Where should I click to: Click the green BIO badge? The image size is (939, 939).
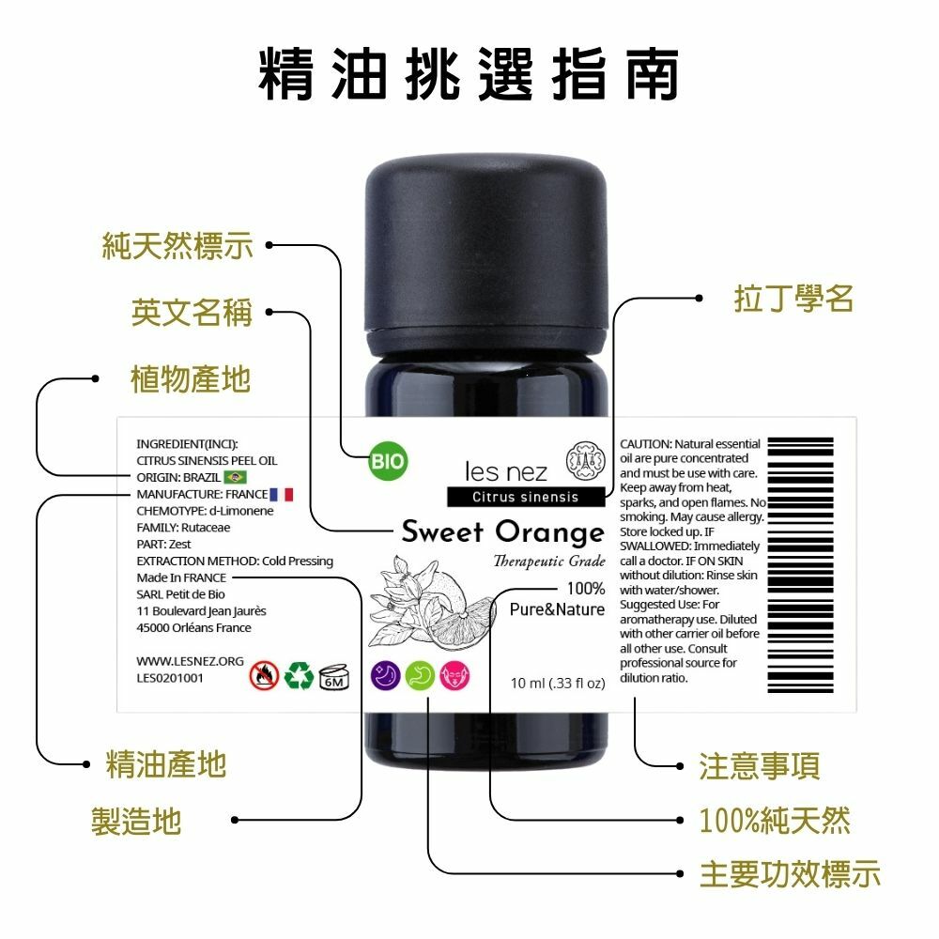pyautogui.click(x=388, y=462)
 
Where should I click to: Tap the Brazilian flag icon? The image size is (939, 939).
pyautogui.click(x=236, y=477)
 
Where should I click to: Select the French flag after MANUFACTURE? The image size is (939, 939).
pyautogui.click(x=282, y=494)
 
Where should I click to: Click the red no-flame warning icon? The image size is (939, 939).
pyautogui.click(x=264, y=675)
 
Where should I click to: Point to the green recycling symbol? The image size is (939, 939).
pyautogui.click(x=299, y=675)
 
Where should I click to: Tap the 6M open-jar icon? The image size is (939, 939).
pyautogui.click(x=334, y=677)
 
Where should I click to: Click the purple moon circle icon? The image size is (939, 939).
pyautogui.click(x=386, y=676)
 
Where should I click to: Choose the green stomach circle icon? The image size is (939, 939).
pyautogui.click(x=421, y=676)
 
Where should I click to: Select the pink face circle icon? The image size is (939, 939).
pyautogui.click(x=455, y=676)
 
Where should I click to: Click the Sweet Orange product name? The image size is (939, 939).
pyautogui.click(x=503, y=531)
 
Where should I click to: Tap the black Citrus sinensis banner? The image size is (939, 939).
pyautogui.click(x=526, y=497)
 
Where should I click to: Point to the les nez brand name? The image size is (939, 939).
pyautogui.click(x=506, y=472)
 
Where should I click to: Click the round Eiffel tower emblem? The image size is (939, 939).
pyautogui.click(x=586, y=460)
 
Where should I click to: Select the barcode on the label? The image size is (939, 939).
pyautogui.click(x=801, y=565)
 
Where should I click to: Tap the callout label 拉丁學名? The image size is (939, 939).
pyautogui.click(x=794, y=299)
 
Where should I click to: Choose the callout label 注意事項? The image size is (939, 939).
pyautogui.click(x=760, y=766)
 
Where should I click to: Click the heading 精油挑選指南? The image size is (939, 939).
pyautogui.click(x=469, y=73)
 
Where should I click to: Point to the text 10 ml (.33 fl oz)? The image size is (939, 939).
pyautogui.click(x=558, y=684)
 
